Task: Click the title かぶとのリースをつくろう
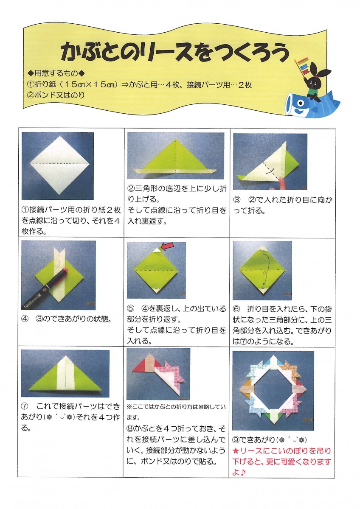coord(174,52)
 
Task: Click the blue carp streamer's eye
coord(301,103)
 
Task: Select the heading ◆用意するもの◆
coord(56,73)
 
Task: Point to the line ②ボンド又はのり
coord(56,95)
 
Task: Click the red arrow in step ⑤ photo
coord(167,246)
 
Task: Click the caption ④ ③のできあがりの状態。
coord(66,319)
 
